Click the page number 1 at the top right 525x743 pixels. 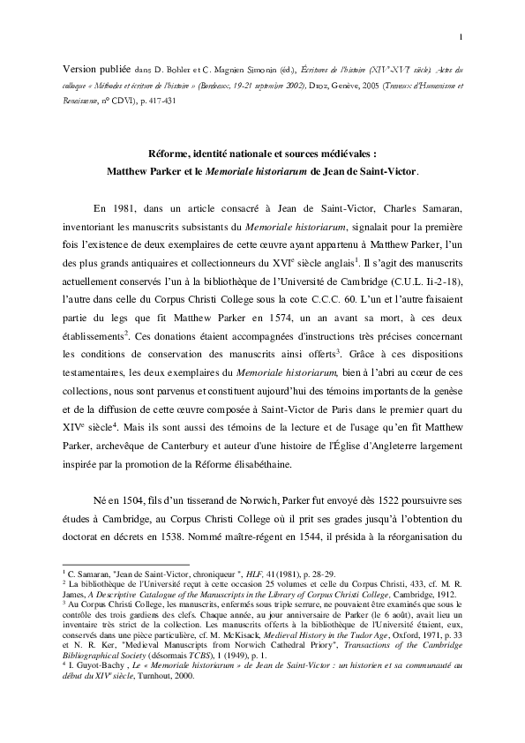pos(461,36)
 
